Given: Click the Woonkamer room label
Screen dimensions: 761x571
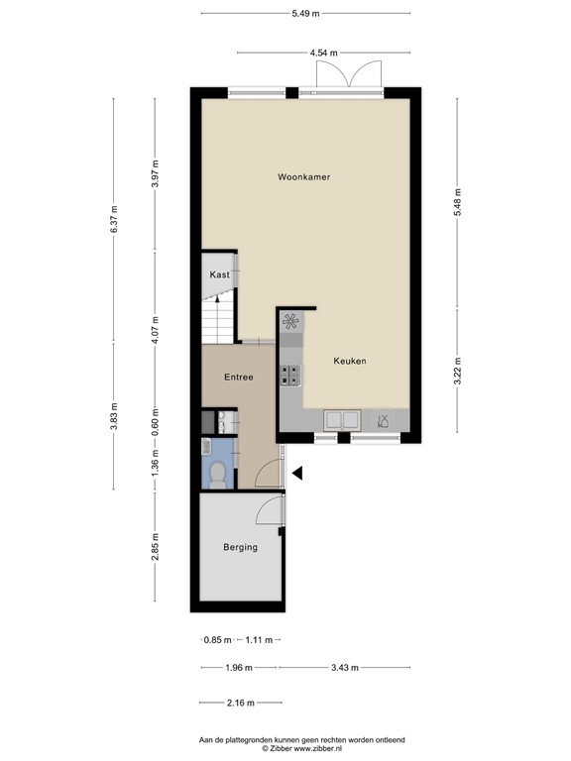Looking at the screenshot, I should coord(303,177).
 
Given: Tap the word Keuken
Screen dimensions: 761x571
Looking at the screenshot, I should coord(349,362).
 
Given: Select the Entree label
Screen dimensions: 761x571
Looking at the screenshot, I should coord(238,378).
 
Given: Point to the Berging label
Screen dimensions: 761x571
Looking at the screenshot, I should coord(240,547).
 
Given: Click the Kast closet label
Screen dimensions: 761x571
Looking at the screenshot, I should coord(219,274).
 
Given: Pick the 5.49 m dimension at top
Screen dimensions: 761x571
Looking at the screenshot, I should coord(305,13).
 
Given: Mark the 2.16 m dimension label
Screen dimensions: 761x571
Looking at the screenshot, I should coord(240,703).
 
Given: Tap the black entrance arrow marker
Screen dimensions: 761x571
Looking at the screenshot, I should coord(296,477).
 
